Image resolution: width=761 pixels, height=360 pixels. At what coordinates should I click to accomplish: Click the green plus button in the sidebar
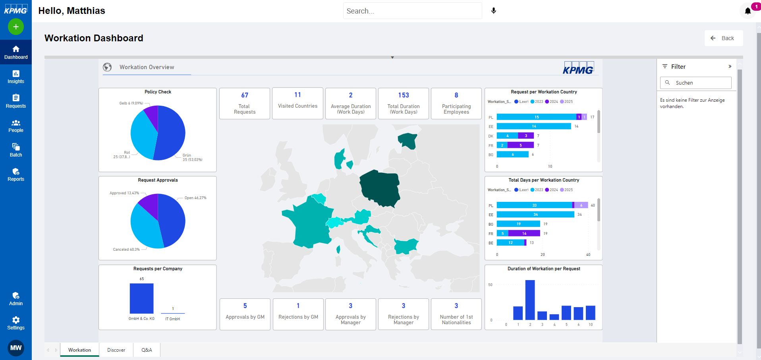click(16, 27)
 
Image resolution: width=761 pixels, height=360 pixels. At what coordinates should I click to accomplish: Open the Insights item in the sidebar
click(16, 76)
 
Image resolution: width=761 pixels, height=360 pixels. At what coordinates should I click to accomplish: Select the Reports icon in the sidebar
click(16, 174)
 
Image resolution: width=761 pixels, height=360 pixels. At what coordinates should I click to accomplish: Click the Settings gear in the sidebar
click(16, 323)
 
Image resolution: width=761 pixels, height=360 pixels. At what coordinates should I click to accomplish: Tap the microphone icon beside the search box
click(494, 11)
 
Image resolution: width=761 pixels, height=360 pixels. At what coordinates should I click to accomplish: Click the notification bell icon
click(748, 11)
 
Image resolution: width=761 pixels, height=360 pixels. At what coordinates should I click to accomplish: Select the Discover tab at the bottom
click(116, 350)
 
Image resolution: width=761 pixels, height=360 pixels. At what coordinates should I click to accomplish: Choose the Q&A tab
click(147, 350)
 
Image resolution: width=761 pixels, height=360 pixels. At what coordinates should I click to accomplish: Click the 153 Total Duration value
click(404, 95)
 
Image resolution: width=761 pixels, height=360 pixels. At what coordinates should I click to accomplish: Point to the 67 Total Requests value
click(245, 95)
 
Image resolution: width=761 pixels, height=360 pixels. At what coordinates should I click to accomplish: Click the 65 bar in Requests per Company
click(141, 298)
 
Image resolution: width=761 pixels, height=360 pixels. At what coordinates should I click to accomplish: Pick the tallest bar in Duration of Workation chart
click(530, 300)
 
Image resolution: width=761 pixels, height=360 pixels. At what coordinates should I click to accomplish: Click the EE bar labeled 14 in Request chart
click(534, 126)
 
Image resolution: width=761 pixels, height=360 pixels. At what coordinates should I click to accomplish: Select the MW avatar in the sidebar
click(16, 348)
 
